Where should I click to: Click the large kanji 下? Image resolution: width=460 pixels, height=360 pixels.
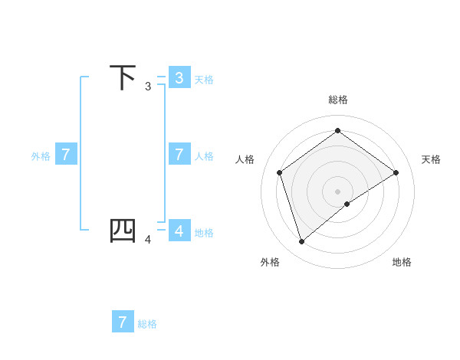coord(123,77)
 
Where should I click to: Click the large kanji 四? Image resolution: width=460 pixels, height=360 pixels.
coord(123,231)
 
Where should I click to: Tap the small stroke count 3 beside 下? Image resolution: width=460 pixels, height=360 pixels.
coord(148,87)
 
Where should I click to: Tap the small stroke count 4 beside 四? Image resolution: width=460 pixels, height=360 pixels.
coord(148,240)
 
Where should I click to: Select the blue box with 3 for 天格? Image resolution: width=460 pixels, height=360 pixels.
coord(179,77)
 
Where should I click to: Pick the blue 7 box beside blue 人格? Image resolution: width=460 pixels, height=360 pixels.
coord(179,155)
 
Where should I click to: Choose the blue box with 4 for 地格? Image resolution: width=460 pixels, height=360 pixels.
coord(179,231)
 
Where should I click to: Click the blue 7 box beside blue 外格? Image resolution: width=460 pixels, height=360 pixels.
coord(66,155)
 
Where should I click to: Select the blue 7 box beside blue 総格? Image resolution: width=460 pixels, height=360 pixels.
coord(123,322)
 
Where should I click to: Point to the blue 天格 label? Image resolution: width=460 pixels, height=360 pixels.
coord(204,79)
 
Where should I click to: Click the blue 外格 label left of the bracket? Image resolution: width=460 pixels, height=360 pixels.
coord(41,156)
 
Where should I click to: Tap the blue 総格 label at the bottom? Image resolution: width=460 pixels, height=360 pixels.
coord(147,324)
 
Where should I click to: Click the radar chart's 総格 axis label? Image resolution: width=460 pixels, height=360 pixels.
coord(337,100)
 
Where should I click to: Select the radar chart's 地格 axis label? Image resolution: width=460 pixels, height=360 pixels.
coord(402,262)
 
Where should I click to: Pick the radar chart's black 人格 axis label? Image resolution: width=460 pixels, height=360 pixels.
coord(245,159)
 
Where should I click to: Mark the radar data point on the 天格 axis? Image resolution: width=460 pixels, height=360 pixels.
coord(396,172)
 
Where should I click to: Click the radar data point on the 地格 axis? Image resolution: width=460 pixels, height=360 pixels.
coord(347,204)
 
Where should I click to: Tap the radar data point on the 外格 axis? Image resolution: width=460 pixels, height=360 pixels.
coord(301,242)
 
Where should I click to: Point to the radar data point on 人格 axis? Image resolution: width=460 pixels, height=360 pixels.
coord(279,172)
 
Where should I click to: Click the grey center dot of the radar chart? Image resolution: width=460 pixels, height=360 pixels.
coord(337,191)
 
